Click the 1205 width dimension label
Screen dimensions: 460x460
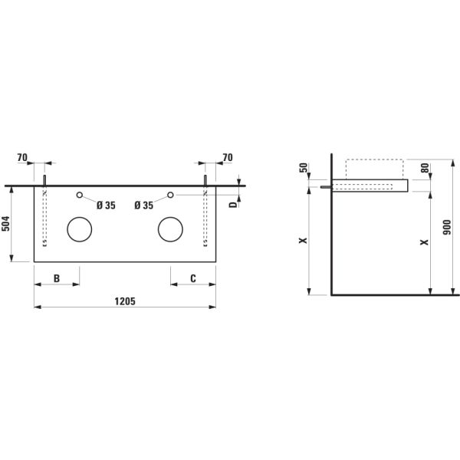(x=125, y=301)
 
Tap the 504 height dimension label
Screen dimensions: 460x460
(x=6, y=223)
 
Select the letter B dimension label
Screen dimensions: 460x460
(x=57, y=278)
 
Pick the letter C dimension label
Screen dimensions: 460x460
(x=193, y=278)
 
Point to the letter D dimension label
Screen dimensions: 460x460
(x=232, y=205)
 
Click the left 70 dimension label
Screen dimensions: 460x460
(x=22, y=157)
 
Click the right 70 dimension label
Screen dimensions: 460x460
(x=228, y=157)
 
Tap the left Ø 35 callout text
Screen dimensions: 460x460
(x=107, y=205)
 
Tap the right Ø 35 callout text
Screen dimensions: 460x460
(x=144, y=205)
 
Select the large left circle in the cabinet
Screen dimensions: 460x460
(x=80, y=217)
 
